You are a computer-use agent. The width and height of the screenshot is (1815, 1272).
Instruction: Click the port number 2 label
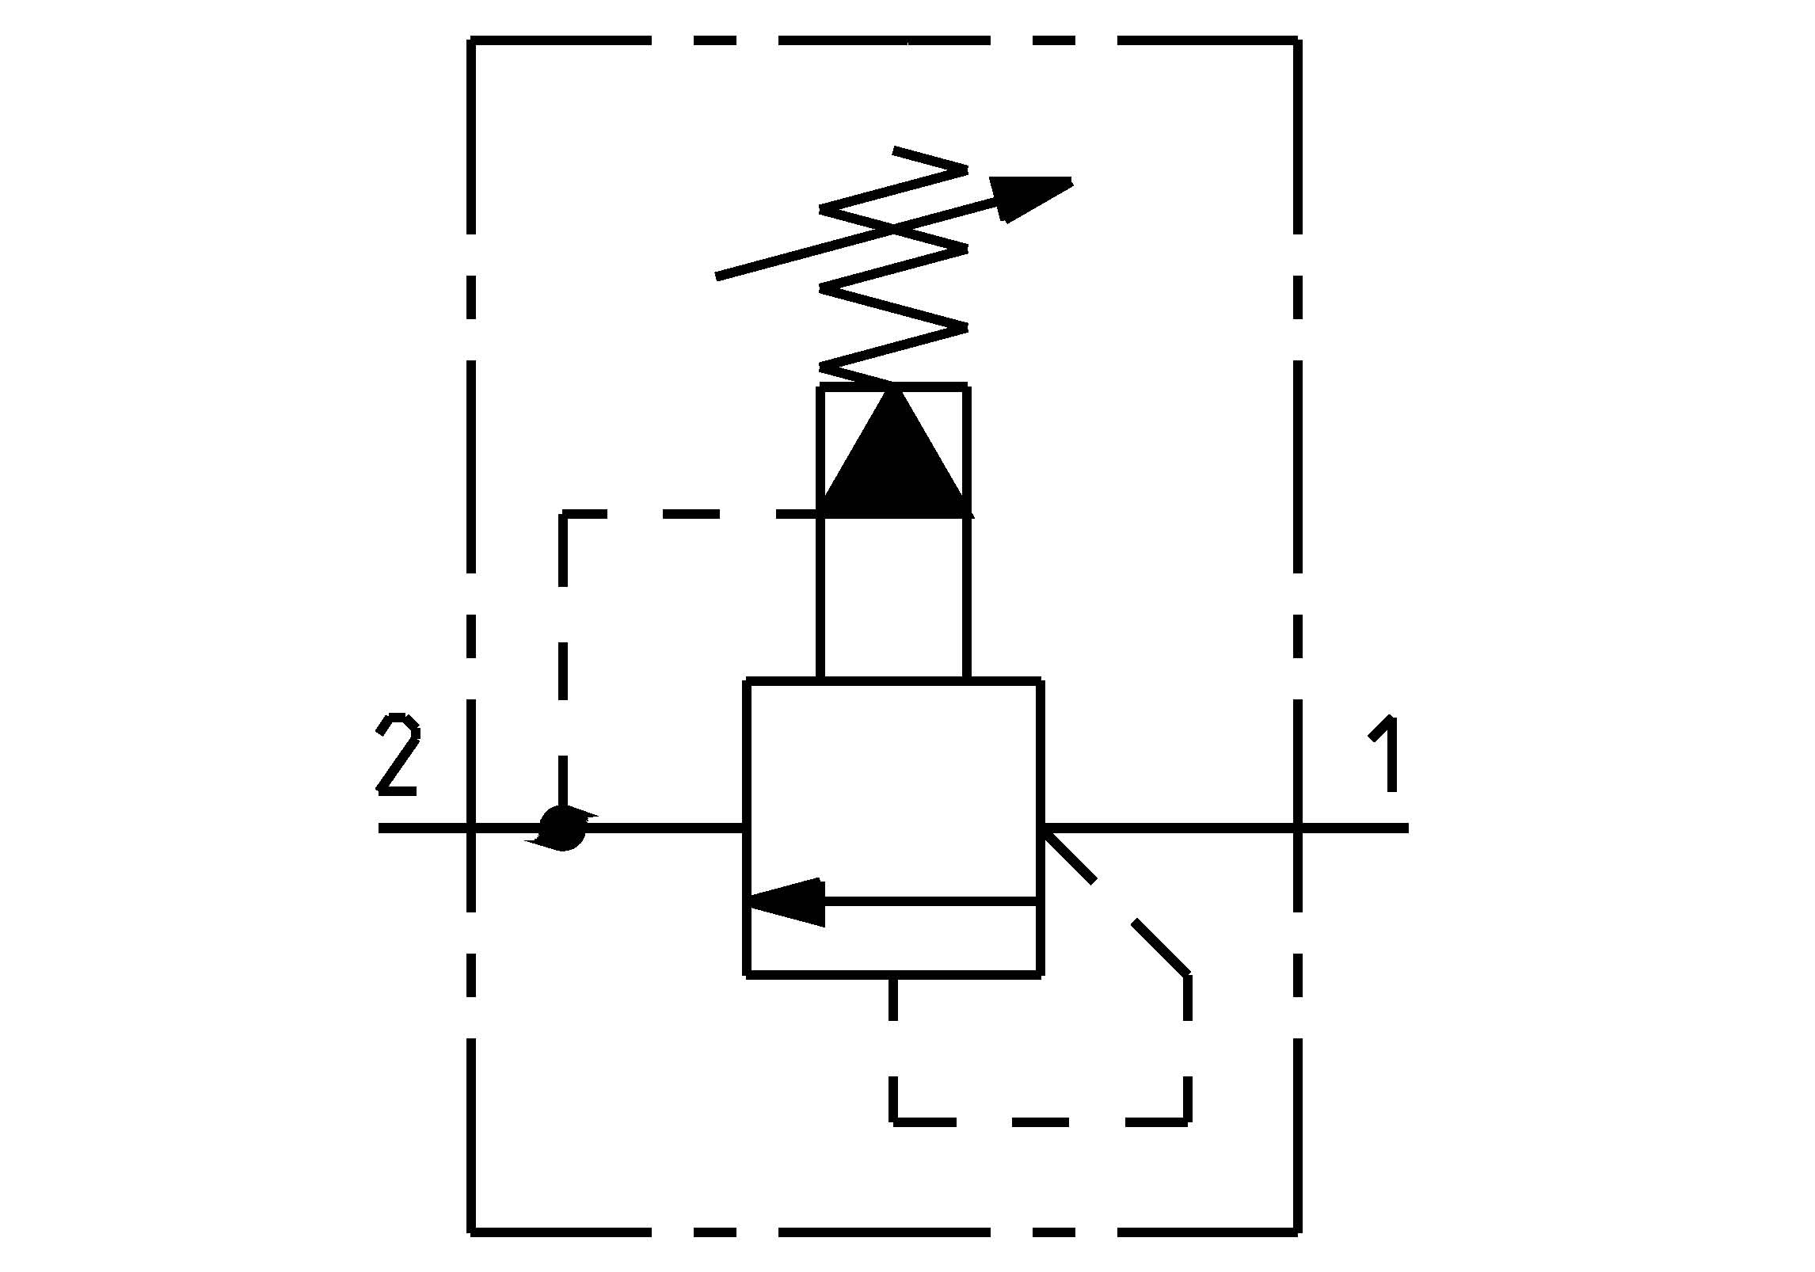pos(398,754)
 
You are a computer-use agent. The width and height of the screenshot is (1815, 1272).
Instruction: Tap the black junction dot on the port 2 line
pos(562,828)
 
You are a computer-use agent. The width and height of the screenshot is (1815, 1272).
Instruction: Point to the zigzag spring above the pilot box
pos(894,269)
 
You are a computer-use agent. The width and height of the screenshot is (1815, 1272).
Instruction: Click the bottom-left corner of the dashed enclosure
pos(472,1232)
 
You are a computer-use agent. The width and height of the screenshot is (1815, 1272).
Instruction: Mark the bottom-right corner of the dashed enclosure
pos(1297,1232)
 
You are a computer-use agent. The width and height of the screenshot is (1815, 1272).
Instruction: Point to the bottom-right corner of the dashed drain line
pos(1187,1121)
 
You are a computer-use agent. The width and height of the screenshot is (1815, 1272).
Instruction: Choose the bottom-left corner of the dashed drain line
pos(894,1121)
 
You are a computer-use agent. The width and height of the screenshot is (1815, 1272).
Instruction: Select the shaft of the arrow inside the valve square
pos(930,902)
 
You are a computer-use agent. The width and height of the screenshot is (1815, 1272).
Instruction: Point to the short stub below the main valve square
pos(894,1000)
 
